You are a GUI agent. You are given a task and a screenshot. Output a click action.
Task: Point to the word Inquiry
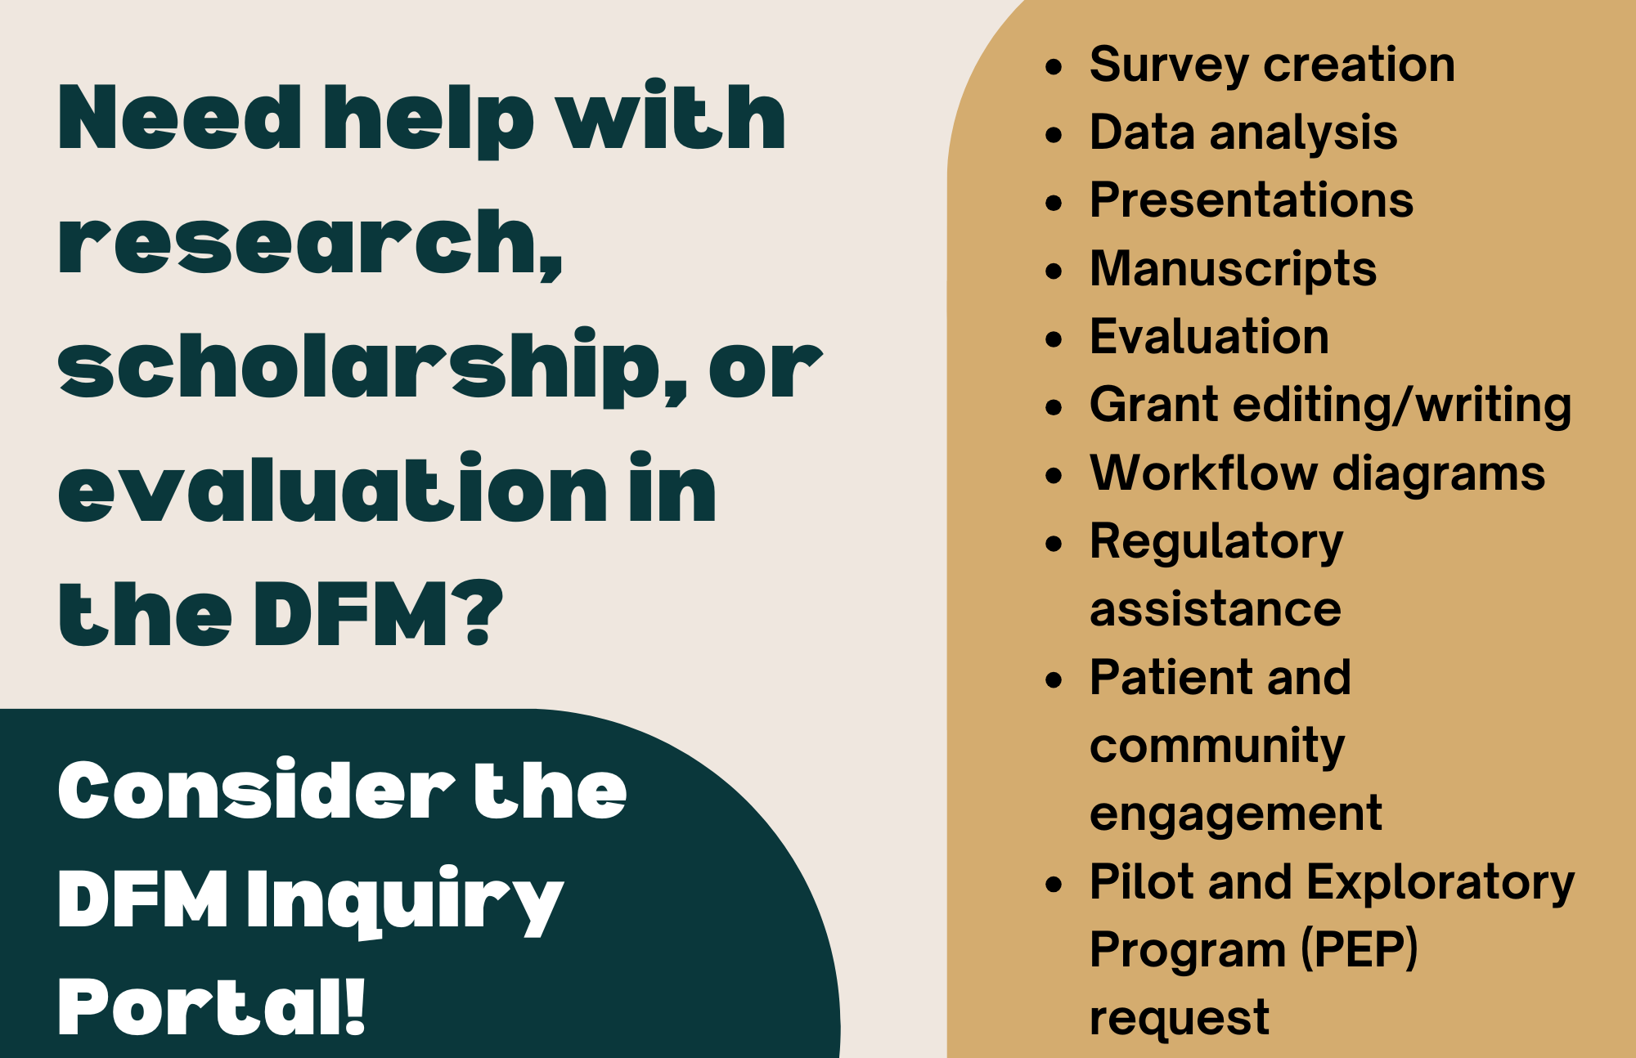[x=406, y=900]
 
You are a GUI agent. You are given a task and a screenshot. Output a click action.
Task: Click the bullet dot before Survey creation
[x=1054, y=67]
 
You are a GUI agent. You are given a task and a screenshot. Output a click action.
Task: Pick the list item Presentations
[x=1252, y=200]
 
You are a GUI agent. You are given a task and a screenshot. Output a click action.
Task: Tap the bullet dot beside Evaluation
[x=1054, y=339]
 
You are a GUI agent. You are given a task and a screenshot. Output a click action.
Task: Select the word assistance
[x=1216, y=610]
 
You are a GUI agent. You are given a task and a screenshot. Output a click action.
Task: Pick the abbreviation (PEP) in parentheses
[x=1359, y=950]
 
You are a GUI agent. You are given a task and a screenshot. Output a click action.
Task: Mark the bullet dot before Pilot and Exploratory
[x=1054, y=885]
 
